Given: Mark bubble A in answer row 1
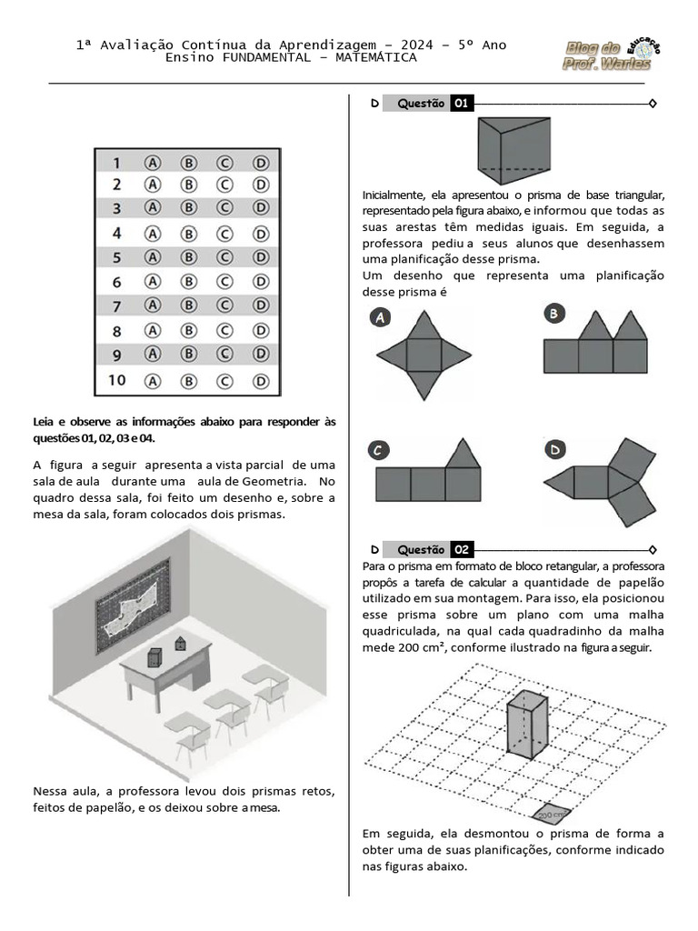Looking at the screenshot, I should coord(153,162).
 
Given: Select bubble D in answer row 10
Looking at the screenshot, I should coord(261,380).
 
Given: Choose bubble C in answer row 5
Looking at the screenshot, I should coord(224,257).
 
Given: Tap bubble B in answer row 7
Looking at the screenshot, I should coord(189,305).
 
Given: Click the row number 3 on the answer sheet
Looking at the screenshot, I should coord(116,209).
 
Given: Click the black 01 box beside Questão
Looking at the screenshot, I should coord(462,104).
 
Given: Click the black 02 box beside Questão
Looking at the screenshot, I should coord(462,549).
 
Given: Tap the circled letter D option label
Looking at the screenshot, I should coord(553,449).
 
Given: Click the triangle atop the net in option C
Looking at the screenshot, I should coord(464,453).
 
